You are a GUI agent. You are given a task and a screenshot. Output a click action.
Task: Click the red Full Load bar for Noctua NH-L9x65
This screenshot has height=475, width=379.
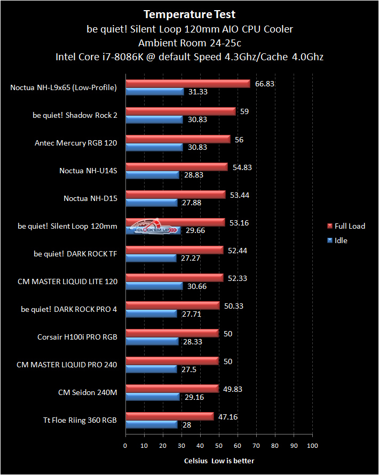coord(187,83)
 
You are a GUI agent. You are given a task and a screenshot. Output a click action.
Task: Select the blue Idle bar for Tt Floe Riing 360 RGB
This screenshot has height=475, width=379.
coord(151,424)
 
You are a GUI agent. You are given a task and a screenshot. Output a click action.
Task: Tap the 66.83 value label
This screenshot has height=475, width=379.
coord(264,84)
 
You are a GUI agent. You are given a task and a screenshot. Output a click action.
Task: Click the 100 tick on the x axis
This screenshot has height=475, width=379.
coord(312,446)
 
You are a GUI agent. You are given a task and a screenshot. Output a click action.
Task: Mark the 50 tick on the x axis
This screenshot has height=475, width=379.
coord(219,446)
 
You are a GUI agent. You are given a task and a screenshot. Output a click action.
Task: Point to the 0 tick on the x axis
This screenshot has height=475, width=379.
coord(125,446)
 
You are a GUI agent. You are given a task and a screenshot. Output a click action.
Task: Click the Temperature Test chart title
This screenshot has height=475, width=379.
coord(189,14)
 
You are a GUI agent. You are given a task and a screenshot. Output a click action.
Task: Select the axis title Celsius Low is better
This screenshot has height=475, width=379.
coord(219,461)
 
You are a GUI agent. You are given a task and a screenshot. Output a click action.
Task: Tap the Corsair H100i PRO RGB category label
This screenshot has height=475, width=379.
coord(77,337)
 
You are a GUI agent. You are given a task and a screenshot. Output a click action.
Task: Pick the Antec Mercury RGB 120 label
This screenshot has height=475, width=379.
coord(76,143)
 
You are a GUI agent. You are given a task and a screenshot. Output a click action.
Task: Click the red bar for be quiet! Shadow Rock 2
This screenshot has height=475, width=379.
coord(180,111)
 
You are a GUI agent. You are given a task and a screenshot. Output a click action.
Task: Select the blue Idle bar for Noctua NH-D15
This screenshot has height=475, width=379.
coord(151,203)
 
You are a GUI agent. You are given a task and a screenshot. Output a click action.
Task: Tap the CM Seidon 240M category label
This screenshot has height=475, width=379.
coord(88,392)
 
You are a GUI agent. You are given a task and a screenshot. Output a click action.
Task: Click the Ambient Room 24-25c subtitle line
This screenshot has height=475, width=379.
coord(189,43)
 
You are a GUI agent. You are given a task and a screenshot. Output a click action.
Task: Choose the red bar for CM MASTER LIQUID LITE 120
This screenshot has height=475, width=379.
coord(174,277)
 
